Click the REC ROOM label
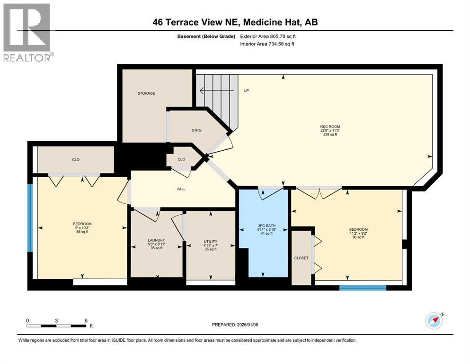[x=330, y=127]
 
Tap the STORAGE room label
[x=146, y=93]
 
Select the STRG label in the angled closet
[x=196, y=130]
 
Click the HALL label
[x=181, y=189]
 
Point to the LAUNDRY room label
[x=157, y=240]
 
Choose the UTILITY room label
[x=211, y=242]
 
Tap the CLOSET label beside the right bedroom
[x=301, y=258]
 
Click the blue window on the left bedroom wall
[x=30, y=218]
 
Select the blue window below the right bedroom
[x=363, y=288]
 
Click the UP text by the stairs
[x=247, y=91]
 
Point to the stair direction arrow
[x=216, y=90]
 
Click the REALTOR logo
[x=27, y=32]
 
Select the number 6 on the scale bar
[x=86, y=320]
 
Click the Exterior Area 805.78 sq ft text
[x=268, y=36]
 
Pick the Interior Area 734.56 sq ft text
[x=267, y=44]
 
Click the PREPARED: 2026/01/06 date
[x=235, y=325]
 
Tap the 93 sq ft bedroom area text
[x=82, y=232]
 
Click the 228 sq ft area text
[x=330, y=135]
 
